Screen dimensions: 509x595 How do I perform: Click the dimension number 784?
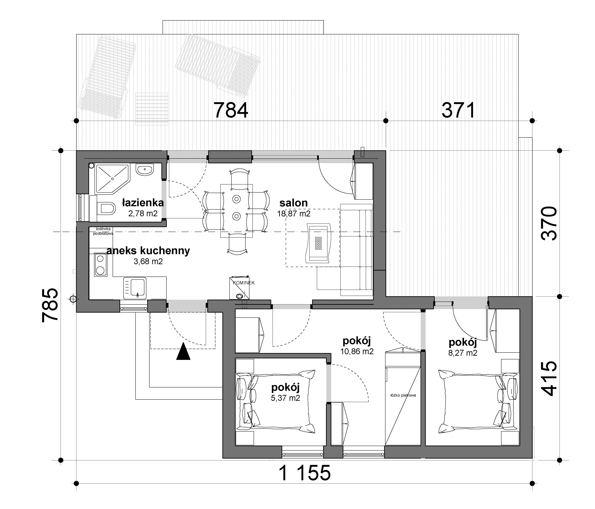pos(231,110)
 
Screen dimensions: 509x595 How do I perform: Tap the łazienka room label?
pos(143,203)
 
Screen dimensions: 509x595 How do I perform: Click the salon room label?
pos(293,203)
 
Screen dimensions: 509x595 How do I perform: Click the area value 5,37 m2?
pos(285,398)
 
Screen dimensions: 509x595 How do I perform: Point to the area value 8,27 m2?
pos(463,353)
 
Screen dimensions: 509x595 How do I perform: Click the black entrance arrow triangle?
pos(183,352)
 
